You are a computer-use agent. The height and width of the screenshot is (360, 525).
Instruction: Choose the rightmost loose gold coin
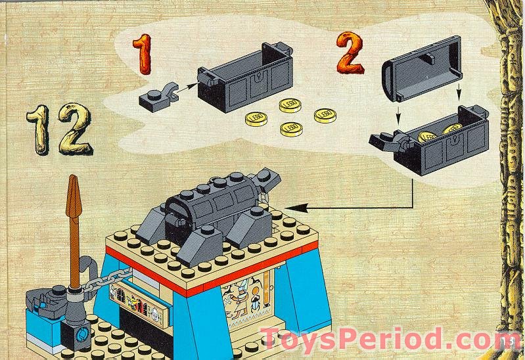(325, 114)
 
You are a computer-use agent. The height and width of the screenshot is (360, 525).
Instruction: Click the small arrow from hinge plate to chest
(188, 85)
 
